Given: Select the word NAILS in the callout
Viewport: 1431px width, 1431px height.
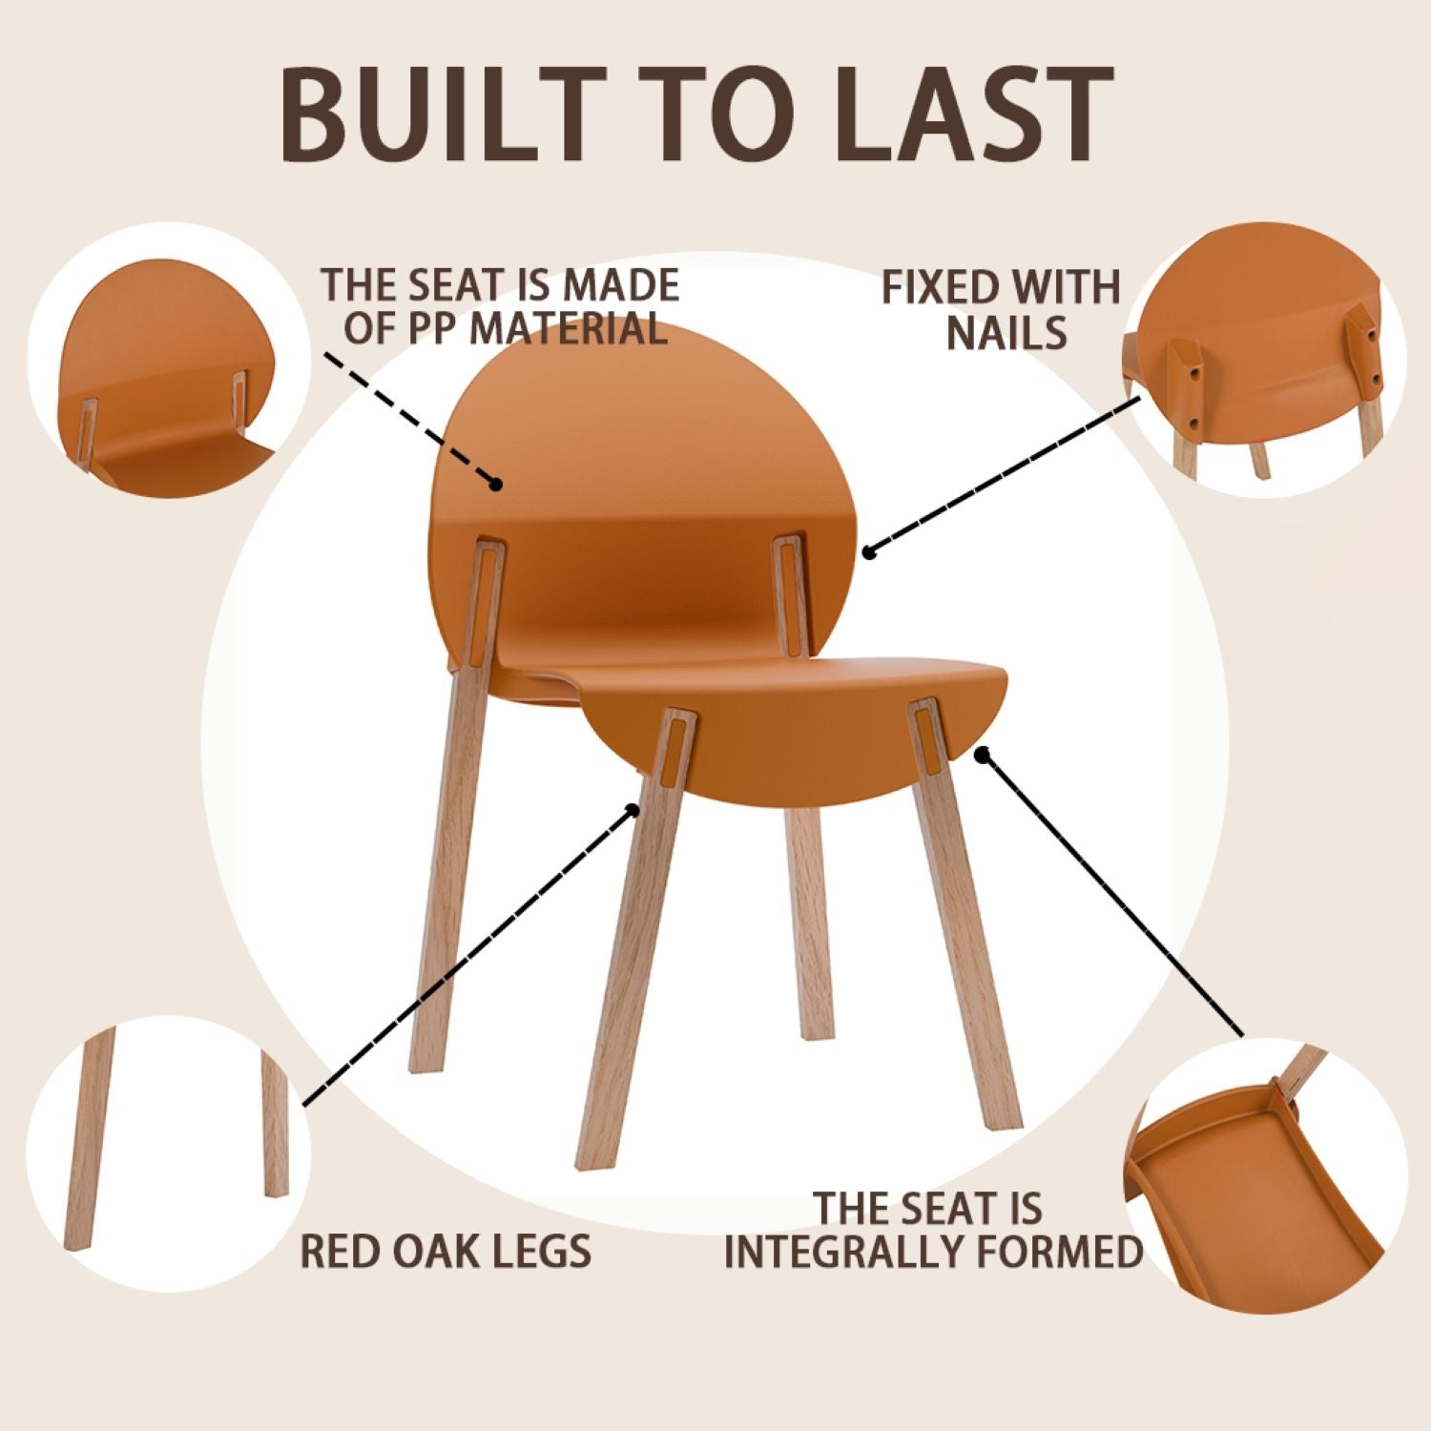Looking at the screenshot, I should click(1006, 332).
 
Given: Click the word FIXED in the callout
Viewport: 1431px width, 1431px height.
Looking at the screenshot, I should click(941, 287).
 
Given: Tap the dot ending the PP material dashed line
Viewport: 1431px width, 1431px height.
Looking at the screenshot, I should click(495, 485).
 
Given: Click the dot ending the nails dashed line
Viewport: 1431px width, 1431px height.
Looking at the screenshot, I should click(868, 551).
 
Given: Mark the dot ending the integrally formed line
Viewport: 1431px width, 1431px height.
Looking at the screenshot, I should click(982, 754).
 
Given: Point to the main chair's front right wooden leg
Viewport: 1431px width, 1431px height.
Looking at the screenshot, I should click(964, 954).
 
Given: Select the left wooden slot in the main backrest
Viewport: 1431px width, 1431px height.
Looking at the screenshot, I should click(486, 591).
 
